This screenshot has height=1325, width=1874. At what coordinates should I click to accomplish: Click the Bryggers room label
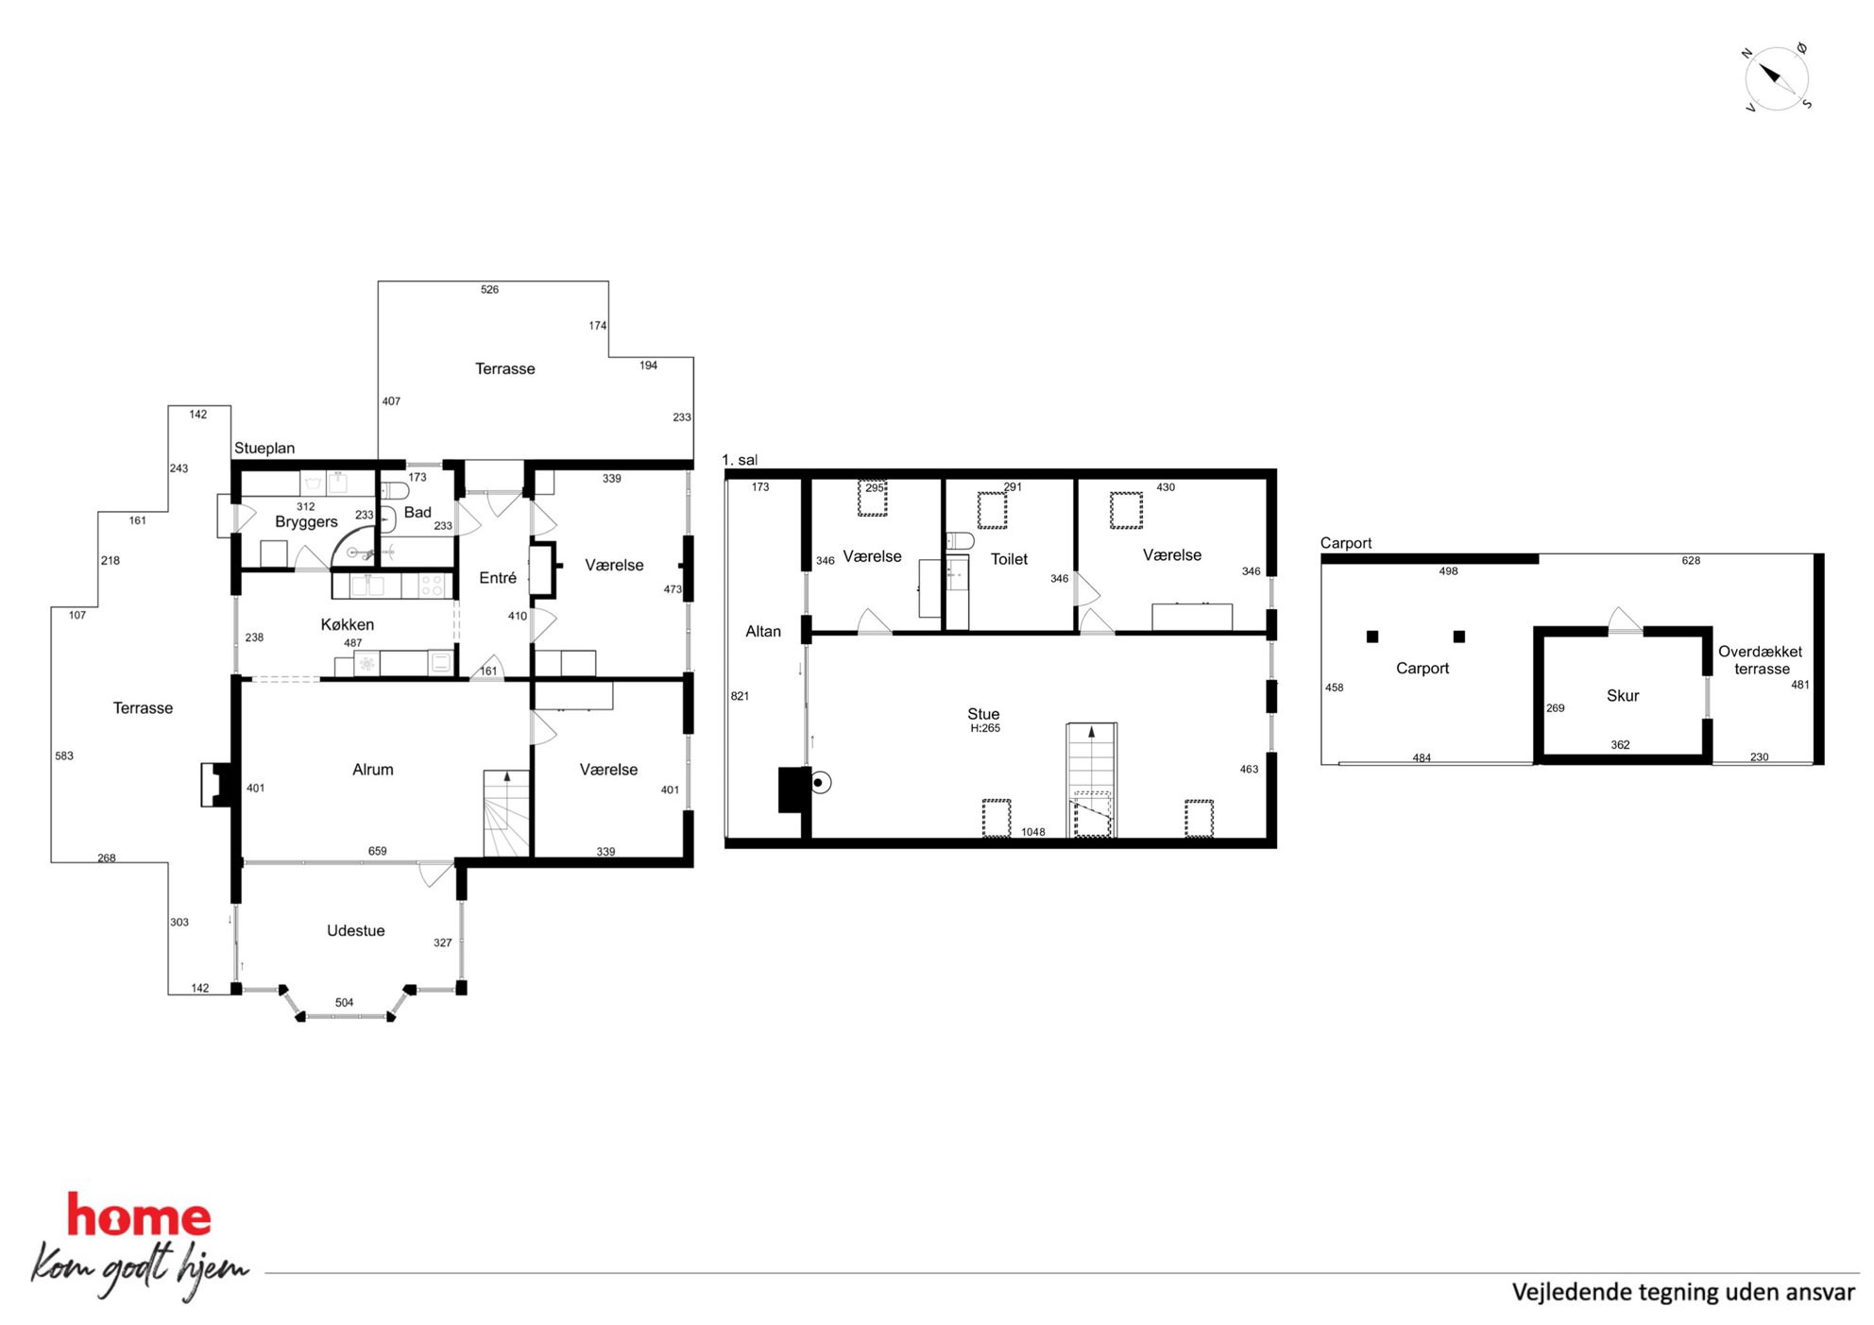[306, 522]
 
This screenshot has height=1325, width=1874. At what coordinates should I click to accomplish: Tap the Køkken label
[348, 624]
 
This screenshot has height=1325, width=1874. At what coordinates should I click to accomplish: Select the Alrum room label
[373, 770]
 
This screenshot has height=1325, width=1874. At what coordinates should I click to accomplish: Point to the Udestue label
[356, 930]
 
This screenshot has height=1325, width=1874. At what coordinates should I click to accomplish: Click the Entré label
[498, 578]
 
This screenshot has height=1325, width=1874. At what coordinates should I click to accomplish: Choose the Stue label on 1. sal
[983, 714]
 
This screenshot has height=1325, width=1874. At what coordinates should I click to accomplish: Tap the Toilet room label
[1009, 559]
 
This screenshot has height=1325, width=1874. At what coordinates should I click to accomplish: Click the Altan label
[763, 631]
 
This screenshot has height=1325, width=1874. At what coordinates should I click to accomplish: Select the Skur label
[1623, 695]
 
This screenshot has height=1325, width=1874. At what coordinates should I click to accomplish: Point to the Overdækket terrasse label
[1761, 660]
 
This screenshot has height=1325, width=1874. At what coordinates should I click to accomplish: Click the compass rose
[1776, 78]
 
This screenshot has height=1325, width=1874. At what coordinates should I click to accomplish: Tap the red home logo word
[139, 1215]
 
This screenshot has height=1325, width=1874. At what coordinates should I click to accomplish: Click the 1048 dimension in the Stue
[1033, 832]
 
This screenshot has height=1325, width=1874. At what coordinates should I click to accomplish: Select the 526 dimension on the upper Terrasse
[489, 289]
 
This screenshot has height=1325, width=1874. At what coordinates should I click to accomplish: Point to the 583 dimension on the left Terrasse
[64, 756]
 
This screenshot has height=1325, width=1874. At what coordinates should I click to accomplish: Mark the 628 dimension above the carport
[1691, 560]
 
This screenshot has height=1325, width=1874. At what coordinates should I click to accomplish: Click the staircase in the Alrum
[507, 813]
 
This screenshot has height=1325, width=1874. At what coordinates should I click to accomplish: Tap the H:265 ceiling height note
[985, 728]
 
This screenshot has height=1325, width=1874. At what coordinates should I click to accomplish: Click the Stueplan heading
[264, 448]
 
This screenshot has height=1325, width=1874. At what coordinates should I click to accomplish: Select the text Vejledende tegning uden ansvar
[1683, 1292]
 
